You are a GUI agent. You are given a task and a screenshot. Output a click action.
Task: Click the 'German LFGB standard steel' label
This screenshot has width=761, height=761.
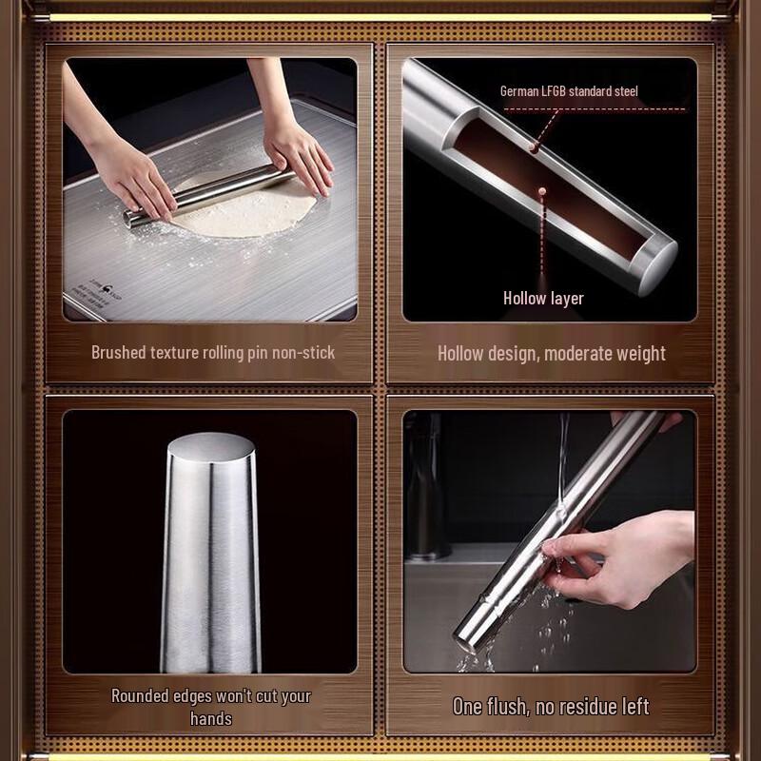(x=569, y=91)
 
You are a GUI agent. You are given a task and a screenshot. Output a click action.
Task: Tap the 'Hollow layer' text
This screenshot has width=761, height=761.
(x=543, y=298)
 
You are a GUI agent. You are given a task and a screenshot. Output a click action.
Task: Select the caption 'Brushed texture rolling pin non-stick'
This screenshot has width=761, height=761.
(x=213, y=352)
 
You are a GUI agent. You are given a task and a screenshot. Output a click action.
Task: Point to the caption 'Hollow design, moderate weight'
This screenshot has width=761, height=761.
(x=551, y=353)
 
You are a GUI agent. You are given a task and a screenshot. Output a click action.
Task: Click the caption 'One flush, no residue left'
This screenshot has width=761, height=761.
(x=551, y=706)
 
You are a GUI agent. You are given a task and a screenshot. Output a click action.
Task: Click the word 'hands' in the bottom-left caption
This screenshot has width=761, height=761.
(x=210, y=718)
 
